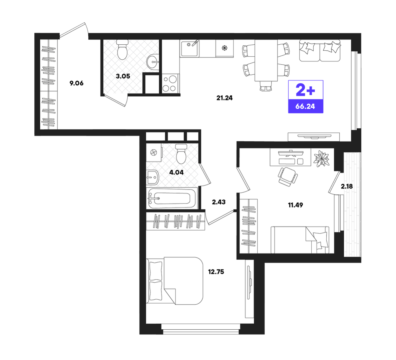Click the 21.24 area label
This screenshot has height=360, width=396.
coord(224,98)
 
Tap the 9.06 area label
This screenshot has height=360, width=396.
coord(76,83)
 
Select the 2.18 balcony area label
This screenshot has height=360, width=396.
coord(347,187)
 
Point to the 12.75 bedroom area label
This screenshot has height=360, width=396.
coord(216,272)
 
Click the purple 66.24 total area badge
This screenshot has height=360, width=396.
coord(306,106)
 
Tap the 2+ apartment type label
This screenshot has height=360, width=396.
coord(305,90)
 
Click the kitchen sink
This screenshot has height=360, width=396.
coord(189,48)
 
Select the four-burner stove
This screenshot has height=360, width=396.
coord(170,84)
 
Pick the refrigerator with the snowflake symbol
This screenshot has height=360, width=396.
coord(225,48)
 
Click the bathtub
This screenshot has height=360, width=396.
coord(172,198)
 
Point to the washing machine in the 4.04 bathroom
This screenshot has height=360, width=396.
coord(154,152)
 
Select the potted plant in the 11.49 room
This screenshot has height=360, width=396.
coord(322,159)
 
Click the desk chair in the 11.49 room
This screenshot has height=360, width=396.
coord(288,176)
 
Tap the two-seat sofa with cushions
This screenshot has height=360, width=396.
coord(320,50)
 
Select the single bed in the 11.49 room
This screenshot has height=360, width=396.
coord(300,240)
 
